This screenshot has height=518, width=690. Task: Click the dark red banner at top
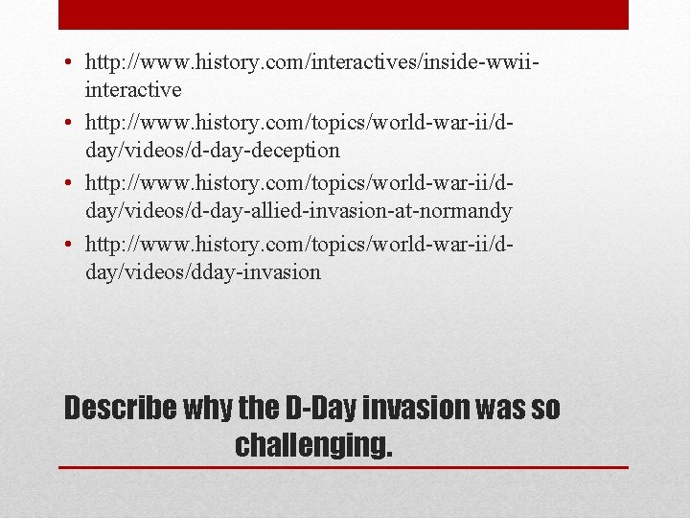343,14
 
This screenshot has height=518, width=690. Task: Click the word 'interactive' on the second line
132,89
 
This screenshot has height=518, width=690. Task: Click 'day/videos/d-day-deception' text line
212,150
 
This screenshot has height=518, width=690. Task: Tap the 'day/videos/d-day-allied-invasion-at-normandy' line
298,210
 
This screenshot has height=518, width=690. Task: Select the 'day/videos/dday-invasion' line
202,271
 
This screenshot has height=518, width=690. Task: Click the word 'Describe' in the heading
119,409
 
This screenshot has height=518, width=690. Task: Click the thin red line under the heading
343,467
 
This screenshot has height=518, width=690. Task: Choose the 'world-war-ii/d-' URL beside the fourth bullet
299,246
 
